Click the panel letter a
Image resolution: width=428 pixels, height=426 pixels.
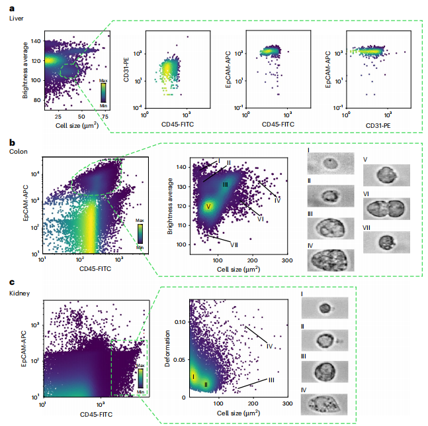point(12,8)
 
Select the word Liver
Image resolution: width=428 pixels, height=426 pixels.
point(17,19)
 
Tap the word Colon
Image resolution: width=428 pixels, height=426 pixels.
point(18,151)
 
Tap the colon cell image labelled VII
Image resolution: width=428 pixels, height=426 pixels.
point(387,241)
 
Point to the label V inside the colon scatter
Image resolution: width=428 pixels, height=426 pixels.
point(208,207)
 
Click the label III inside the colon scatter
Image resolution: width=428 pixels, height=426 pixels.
point(225,184)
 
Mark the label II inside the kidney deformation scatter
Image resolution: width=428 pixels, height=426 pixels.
point(206,384)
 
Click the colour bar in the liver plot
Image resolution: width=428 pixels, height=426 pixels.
point(103,93)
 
